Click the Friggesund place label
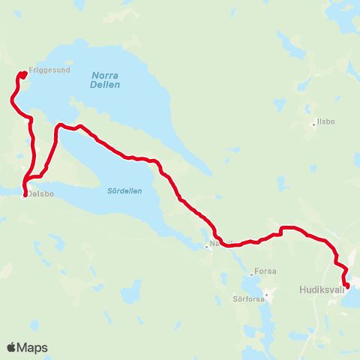[x=49, y=70]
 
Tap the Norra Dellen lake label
[x=106, y=79]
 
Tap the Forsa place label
[x=265, y=271]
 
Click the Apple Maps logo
[x=27, y=347]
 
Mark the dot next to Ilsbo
[x=314, y=124]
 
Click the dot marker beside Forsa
[x=252, y=274]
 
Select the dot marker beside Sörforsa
[x=267, y=294]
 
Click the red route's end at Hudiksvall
[x=346, y=285]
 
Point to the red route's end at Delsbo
[x=25, y=196]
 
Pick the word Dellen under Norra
[x=106, y=85]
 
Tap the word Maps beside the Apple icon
[x=33, y=347]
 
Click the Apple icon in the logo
[x=12, y=346]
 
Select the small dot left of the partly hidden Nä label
[x=207, y=245]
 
